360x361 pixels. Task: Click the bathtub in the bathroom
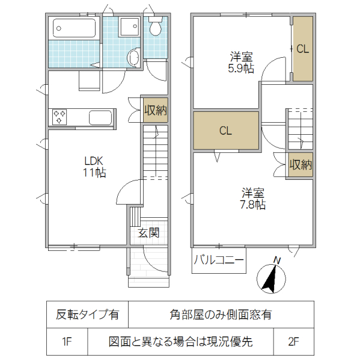[x=75, y=28]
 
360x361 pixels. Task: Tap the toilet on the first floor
[x=156, y=28]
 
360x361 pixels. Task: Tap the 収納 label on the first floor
[x=154, y=110]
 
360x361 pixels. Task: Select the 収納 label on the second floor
[x=301, y=164]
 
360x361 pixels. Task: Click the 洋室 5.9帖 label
[x=242, y=63]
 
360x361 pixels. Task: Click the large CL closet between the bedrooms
[x=225, y=131]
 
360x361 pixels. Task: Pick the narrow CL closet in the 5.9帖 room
[x=302, y=50]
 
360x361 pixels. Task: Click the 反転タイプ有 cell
[x=87, y=314]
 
